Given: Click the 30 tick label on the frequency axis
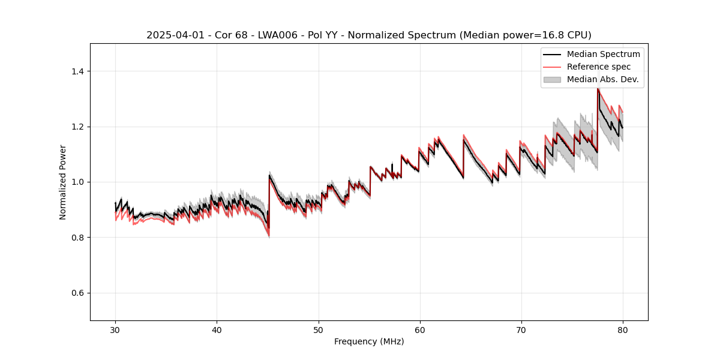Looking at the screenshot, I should (x=115, y=329).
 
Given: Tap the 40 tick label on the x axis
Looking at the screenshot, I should (x=217, y=329).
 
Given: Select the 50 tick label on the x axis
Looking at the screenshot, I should (x=319, y=329).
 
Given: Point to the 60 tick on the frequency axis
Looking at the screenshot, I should (x=420, y=329).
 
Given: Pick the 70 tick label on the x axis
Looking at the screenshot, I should (x=521, y=329).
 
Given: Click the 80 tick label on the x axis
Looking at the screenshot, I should (x=623, y=329).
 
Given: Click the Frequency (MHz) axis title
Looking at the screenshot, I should (x=369, y=341).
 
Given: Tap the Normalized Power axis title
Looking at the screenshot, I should (x=63, y=182).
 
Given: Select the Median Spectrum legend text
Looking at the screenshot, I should (x=603, y=54).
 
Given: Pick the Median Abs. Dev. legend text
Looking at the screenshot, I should (x=602, y=79).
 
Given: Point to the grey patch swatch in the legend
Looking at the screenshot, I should (x=552, y=79).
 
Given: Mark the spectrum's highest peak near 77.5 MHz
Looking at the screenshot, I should (x=598, y=88).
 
